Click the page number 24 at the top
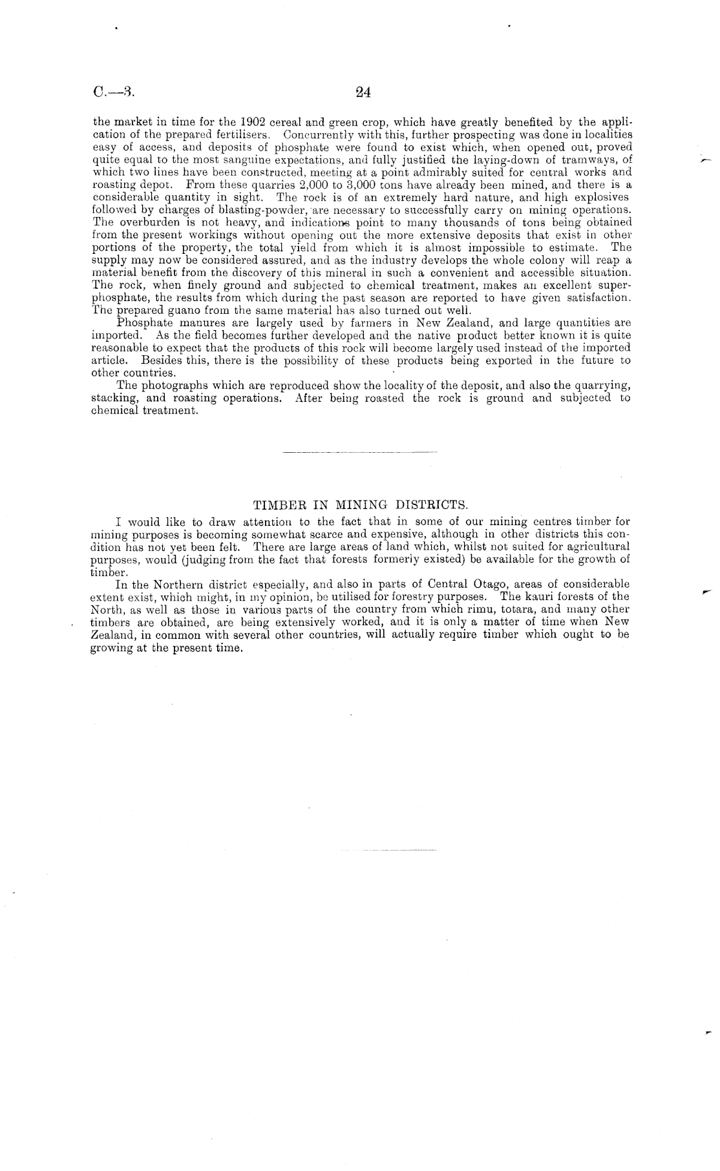pos(363,92)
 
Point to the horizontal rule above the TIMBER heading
pos(360,451)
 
